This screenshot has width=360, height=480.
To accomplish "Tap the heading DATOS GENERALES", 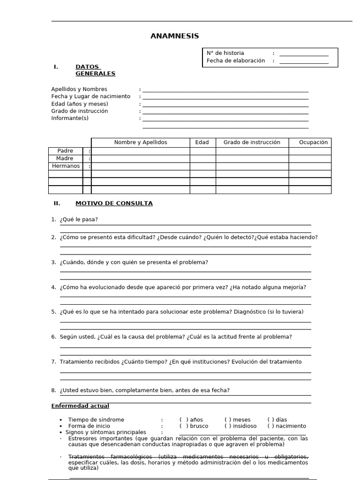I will click(x=95, y=70).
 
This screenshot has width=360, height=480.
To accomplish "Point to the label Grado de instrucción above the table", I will click(x=80, y=111).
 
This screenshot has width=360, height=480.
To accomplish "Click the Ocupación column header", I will click(x=313, y=142).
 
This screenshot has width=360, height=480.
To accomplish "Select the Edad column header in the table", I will click(x=202, y=142).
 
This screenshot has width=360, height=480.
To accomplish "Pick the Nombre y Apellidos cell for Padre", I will click(x=140, y=151).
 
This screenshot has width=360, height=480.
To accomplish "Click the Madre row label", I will click(x=65, y=158).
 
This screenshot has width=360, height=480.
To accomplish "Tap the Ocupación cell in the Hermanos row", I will click(x=309, y=166).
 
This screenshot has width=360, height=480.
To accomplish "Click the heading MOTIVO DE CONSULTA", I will click(x=114, y=203).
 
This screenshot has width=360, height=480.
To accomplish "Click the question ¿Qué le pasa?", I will click(x=79, y=219).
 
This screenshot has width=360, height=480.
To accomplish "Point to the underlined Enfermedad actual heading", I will click(x=80, y=406).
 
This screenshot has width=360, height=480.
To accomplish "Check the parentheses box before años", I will click(x=184, y=420).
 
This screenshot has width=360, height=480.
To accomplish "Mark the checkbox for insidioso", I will click(x=228, y=426).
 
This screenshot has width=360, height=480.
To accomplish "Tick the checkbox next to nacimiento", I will click(x=271, y=426).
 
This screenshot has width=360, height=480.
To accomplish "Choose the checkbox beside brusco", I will click(x=184, y=426).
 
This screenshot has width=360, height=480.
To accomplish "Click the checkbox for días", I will click(x=271, y=420).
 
